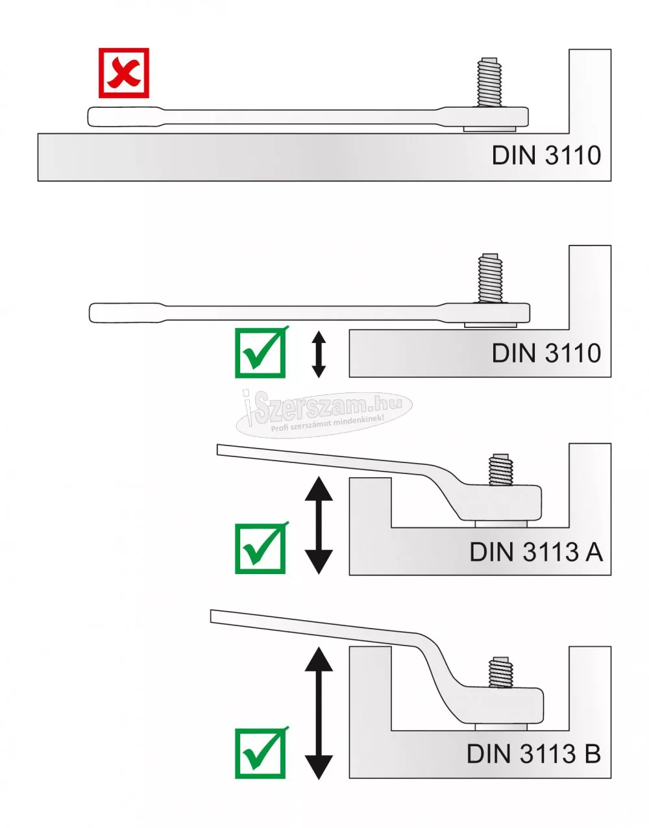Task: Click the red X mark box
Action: (124, 73)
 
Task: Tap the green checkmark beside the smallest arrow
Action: (260, 353)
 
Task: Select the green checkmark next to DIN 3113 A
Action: (260, 549)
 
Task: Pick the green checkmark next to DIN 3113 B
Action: (260, 753)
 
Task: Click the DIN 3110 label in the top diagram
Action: (546, 156)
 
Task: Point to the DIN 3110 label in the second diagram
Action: (546, 353)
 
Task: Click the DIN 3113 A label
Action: (536, 553)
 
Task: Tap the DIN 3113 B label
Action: (533, 755)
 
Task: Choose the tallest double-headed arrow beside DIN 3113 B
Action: (318, 712)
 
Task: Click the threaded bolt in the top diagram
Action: (490, 83)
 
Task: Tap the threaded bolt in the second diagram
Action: (490, 279)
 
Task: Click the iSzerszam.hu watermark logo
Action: (324, 414)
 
